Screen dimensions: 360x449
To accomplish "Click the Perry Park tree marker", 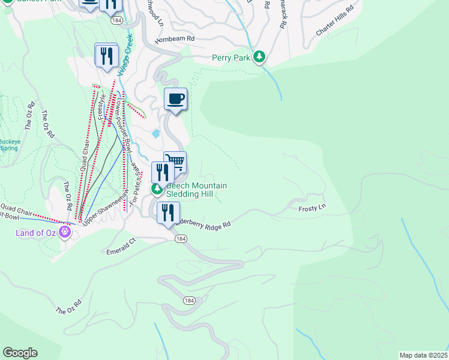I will pyautogui.click(x=259, y=57).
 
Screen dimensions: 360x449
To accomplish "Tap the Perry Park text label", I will pyautogui.click(x=231, y=58).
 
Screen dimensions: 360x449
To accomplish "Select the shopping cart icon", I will pyautogui.click(x=175, y=161).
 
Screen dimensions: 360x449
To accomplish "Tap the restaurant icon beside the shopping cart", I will pyautogui.click(x=163, y=172).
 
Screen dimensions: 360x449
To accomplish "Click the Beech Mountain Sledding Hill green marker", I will pyautogui.click(x=157, y=190).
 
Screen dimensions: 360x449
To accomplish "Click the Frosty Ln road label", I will pyautogui.click(x=312, y=208).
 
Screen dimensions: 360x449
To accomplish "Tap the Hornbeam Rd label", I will pyautogui.click(x=175, y=38).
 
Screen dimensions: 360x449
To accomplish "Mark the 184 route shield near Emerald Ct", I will pyautogui.click(x=180, y=239).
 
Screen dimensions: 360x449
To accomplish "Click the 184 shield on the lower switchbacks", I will pyautogui.click(x=189, y=300).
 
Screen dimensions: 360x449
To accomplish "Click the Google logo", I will pyautogui.click(x=20, y=353).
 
